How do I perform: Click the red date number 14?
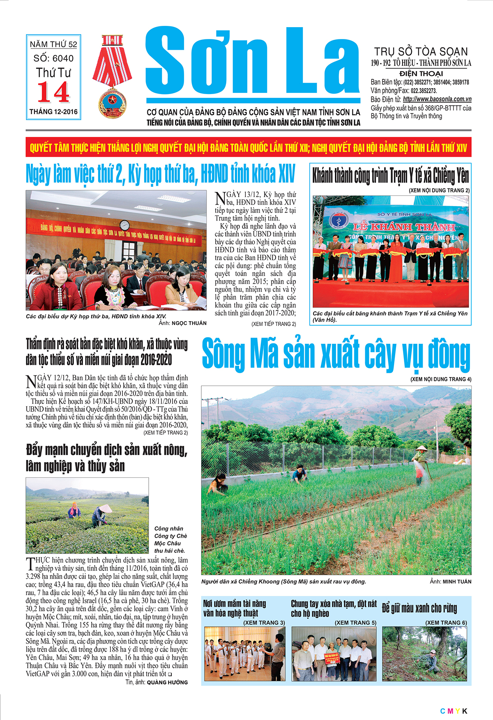coord(53,92)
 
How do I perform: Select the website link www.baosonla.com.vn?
coord(437,99)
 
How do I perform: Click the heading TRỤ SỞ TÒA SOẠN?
coord(421,52)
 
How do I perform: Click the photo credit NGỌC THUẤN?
coord(189,323)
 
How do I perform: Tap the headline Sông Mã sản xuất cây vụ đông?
coord(336,354)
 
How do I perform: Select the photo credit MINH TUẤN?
coord(457,582)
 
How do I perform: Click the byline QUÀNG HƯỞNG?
coord(167,682)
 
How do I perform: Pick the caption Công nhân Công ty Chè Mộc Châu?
coord(170,539)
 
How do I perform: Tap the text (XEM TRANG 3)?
coord(264,623)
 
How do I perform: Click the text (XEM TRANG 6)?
coord(446,623)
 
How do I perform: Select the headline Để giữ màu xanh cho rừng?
coord(419,608)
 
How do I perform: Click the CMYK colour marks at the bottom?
coord(454,711)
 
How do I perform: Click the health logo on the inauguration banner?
coord(338,221)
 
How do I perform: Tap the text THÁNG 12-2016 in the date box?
coord(53,112)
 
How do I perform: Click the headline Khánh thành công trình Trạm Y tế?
coord(390,176)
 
